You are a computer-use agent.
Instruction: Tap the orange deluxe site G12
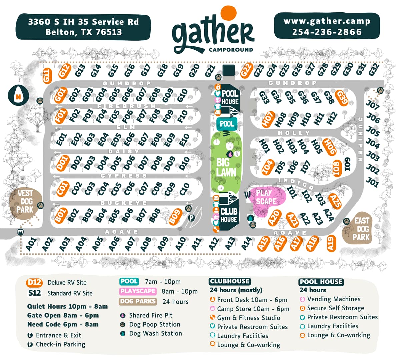pyautogui.click(x=64, y=71)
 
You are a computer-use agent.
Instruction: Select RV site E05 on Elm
pyautogui.click(x=115, y=140)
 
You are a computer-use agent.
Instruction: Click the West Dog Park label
pyautogui.click(x=25, y=201)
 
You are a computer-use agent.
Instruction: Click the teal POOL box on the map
pyautogui.click(x=227, y=124)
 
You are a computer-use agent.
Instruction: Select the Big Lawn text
pyautogui.click(x=226, y=167)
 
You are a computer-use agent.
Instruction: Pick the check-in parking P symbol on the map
pyautogui.click(x=192, y=218)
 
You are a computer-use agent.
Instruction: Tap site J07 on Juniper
pyautogui.click(x=373, y=105)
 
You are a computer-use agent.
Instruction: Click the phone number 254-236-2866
pyautogui.click(x=327, y=32)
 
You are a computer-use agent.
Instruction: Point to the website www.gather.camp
pyautogui.click(x=327, y=21)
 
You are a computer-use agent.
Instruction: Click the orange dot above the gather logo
pyautogui.click(x=228, y=13)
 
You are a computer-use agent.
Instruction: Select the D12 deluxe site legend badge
pyautogui.click(x=35, y=283)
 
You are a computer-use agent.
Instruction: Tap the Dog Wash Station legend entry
pyautogui.click(x=155, y=333)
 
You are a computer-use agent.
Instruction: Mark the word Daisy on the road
pyautogui.click(x=124, y=151)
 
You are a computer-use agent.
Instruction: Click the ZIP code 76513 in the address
pyautogui.click(x=109, y=32)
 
